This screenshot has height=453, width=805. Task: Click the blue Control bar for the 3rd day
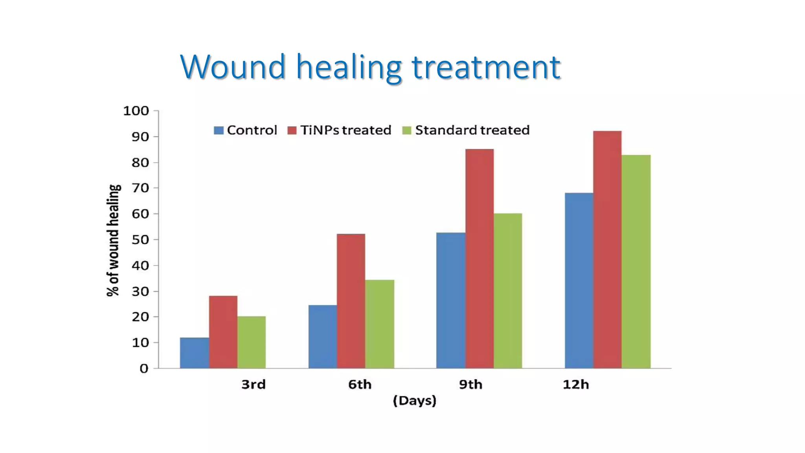click(x=195, y=353)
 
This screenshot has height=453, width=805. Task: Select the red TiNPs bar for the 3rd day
click(x=223, y=332)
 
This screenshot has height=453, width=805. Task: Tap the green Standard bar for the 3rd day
click(x=252, y=342)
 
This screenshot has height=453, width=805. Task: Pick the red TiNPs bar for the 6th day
click(x=351, y=301)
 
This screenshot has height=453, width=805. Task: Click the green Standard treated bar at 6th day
click(x=380, y=324)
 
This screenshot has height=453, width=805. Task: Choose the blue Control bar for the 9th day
click(x=451, y=300)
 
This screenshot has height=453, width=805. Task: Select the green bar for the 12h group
click(x=636, y=261)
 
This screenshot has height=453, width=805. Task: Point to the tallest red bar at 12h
click(x=607, y=249)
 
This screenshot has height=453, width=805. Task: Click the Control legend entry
click(x=245, y=130)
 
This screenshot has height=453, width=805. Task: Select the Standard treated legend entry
click(x=466, y=130)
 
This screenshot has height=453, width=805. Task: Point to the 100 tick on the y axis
click(x=136, y=111)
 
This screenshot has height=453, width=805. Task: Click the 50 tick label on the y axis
click(x=140, y=239)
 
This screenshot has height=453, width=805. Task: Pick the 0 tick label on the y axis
click(x=144, y=368)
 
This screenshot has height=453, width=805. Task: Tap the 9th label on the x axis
click(x=471, y=384)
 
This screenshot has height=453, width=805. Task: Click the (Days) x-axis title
click(x=415, y=401)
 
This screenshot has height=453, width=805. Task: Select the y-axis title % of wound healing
click(x=113, y=240)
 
